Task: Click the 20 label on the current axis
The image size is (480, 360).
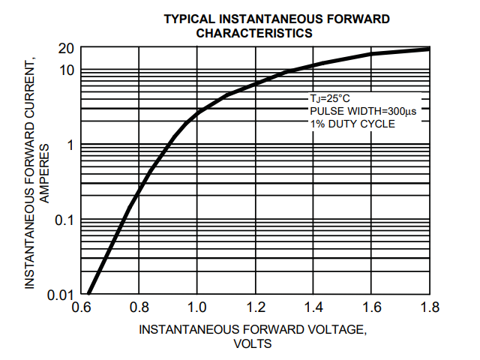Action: pyautogui.click(x=66, y=49)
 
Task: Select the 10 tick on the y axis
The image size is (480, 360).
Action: pyautogui.click(x=66, y=70)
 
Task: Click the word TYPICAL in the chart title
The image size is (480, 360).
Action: pyautogui.click(x=187, y=19)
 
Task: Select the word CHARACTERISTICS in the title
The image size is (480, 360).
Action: pyautogui.click(x=254, y=33)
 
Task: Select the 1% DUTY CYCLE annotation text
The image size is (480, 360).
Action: pyautogui.click(x=352, y=124)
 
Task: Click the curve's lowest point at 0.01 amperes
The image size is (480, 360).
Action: pyautogui.click(x=88, y=293)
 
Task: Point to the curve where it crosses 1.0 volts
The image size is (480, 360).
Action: pyautogui.click(x=197, y=113)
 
